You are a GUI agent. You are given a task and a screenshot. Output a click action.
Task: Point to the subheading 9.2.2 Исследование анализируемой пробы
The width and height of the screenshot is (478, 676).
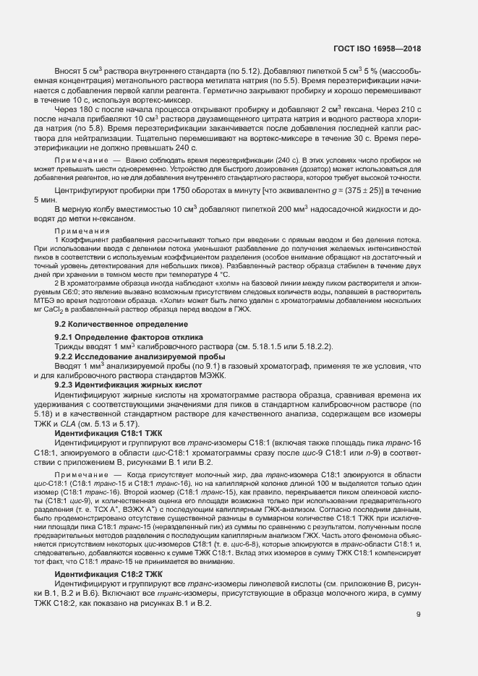[127, 357]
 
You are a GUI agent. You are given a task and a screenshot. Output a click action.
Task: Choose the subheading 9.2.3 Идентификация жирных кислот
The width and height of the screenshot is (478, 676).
[120, 386]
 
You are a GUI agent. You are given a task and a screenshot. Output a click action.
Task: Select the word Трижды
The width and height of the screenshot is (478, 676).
[72, 347]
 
